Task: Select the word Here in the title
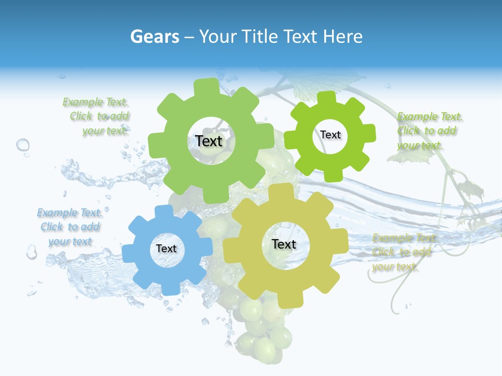coord(343,37)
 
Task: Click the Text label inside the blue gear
coord(166,249)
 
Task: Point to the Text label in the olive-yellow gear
coord(284,244)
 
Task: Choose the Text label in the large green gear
coord(209,141)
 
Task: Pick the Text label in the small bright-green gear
coord(330,135)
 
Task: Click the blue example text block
coord(70,227)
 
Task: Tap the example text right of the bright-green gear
coord(429,131)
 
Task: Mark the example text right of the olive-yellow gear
coord(403,252)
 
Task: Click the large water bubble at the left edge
coord(23,145)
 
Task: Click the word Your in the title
coord(215,37)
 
